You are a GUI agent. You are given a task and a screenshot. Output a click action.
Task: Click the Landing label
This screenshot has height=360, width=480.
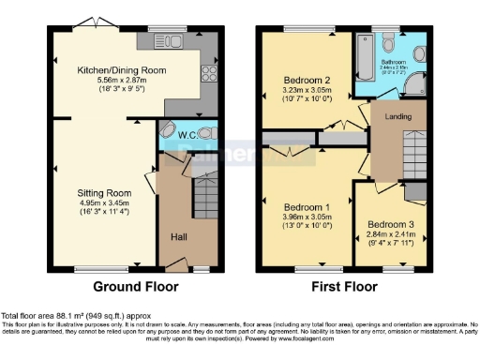[x=397, y=116]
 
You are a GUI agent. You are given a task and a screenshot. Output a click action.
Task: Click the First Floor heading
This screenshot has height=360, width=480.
[x=341, y=288]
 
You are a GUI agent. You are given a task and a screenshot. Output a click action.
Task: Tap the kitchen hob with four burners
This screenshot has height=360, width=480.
[x=209, y=77]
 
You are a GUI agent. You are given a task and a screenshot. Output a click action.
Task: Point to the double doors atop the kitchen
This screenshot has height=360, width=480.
[x=91, y=22]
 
